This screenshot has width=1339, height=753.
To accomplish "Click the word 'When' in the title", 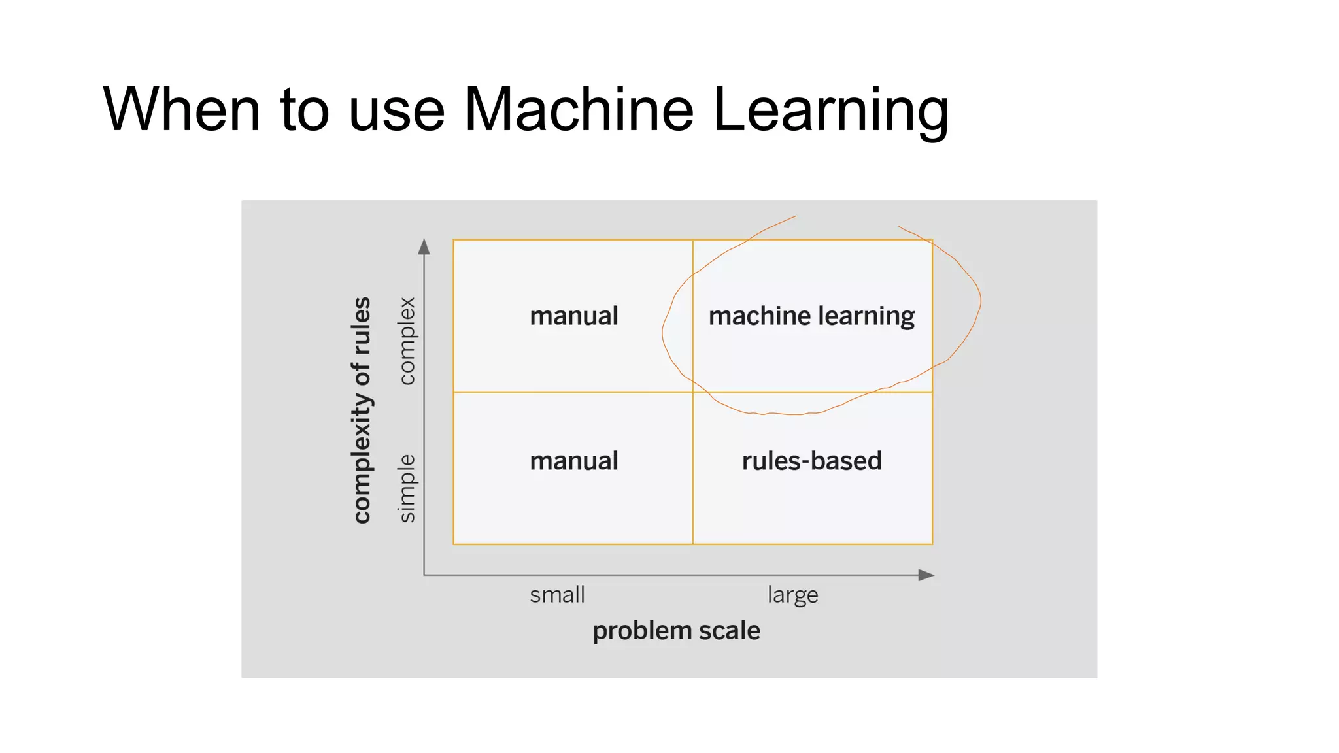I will [x=182, y=109].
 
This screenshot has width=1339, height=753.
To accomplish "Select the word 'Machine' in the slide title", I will [x=578, y=109].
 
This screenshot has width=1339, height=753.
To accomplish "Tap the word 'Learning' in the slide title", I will [x=830, y=111].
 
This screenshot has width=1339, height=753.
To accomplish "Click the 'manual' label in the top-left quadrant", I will [x=573, y=316].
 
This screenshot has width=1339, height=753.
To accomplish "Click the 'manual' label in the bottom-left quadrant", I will [x=573, y=461].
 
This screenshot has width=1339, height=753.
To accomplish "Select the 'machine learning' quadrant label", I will [x=811, y=316].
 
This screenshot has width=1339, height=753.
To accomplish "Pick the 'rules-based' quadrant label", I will [x=811, y=461].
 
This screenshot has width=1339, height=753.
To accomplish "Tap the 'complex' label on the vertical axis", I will [x=407, y=341].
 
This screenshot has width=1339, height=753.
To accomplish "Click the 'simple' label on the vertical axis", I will [x=407, y=488].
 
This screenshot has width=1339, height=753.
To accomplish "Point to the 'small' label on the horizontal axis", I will [x=557, y=595].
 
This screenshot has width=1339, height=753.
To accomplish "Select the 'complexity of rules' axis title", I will [x=362, y=410].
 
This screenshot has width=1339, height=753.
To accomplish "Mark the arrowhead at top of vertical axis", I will [x=424, y=246].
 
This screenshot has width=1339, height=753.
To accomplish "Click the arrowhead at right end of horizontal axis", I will [x=926, y=575].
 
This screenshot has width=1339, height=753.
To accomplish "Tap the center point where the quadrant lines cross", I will [x=693, y=392].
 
